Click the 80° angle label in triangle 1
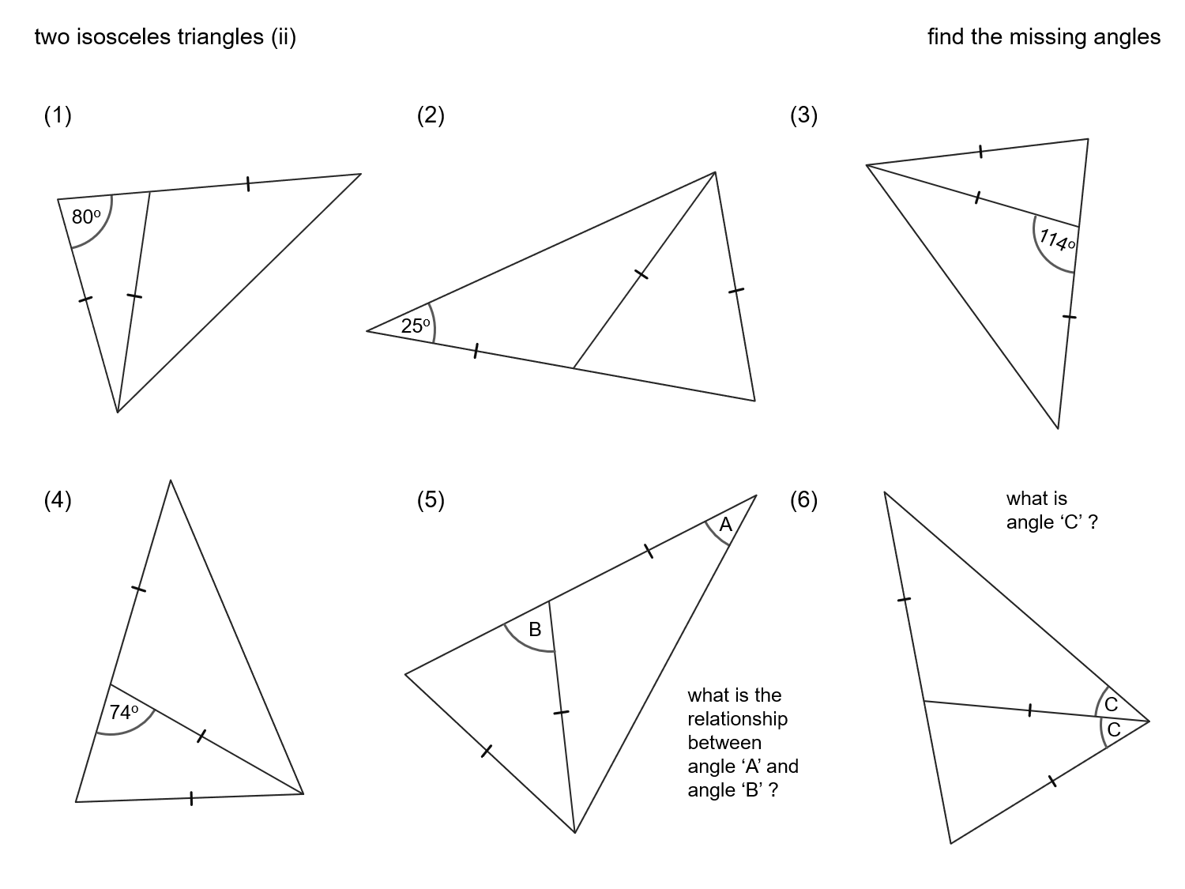point(85,217)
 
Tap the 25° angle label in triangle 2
point(416,326)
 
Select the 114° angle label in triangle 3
point(1055,239)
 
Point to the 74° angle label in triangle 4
point(124,713)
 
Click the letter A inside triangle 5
point(725,525)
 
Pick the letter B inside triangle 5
point(535,630)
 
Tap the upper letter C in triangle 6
point(1111,705)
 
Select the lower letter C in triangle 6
point(1114,730)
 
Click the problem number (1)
point(58,115)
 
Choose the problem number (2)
point(431,115)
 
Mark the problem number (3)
point(803,115)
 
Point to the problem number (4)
point(58,500)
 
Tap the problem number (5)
point(431,500)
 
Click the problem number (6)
point(803,500)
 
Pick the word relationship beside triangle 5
point(737,719)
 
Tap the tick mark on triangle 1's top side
point(248,184)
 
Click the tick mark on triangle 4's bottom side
point(191,798)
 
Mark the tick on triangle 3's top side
point(980,152)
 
